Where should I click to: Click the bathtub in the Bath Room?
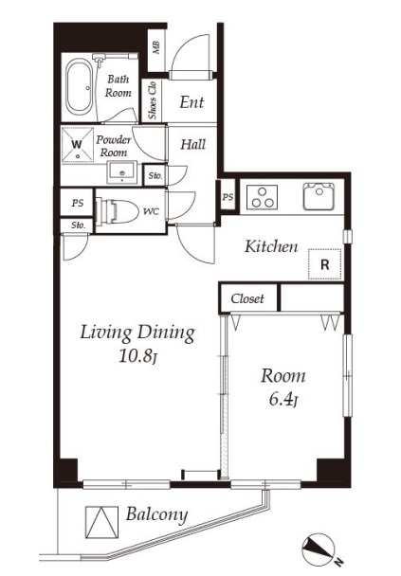click(x=80, y=87)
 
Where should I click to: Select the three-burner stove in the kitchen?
click(x=262, y=198)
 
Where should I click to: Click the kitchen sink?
click(x=319, y=196)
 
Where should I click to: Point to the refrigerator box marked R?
click(x=325, y=264)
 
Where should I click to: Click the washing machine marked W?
click(x=77, y=145)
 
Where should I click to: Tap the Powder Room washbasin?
click(x=121, y=172)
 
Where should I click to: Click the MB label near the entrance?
click(x=156, y=47)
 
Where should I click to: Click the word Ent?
click(x=191, y=102)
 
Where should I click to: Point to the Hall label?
click(x=193, y=144)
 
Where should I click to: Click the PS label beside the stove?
click(x=228, y=197)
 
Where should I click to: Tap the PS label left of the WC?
click(x=78, y=203)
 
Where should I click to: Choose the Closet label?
click(x=247, y=298)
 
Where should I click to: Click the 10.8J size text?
click(x=138, y=356)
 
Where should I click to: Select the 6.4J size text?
click(x=283, y=399)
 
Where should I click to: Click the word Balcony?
click(x=157, y=515)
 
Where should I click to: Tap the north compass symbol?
click(x=319, y=549)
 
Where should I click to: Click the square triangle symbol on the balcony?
click(x=101, y=522)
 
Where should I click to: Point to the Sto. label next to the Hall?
click(x=155, y=175)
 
